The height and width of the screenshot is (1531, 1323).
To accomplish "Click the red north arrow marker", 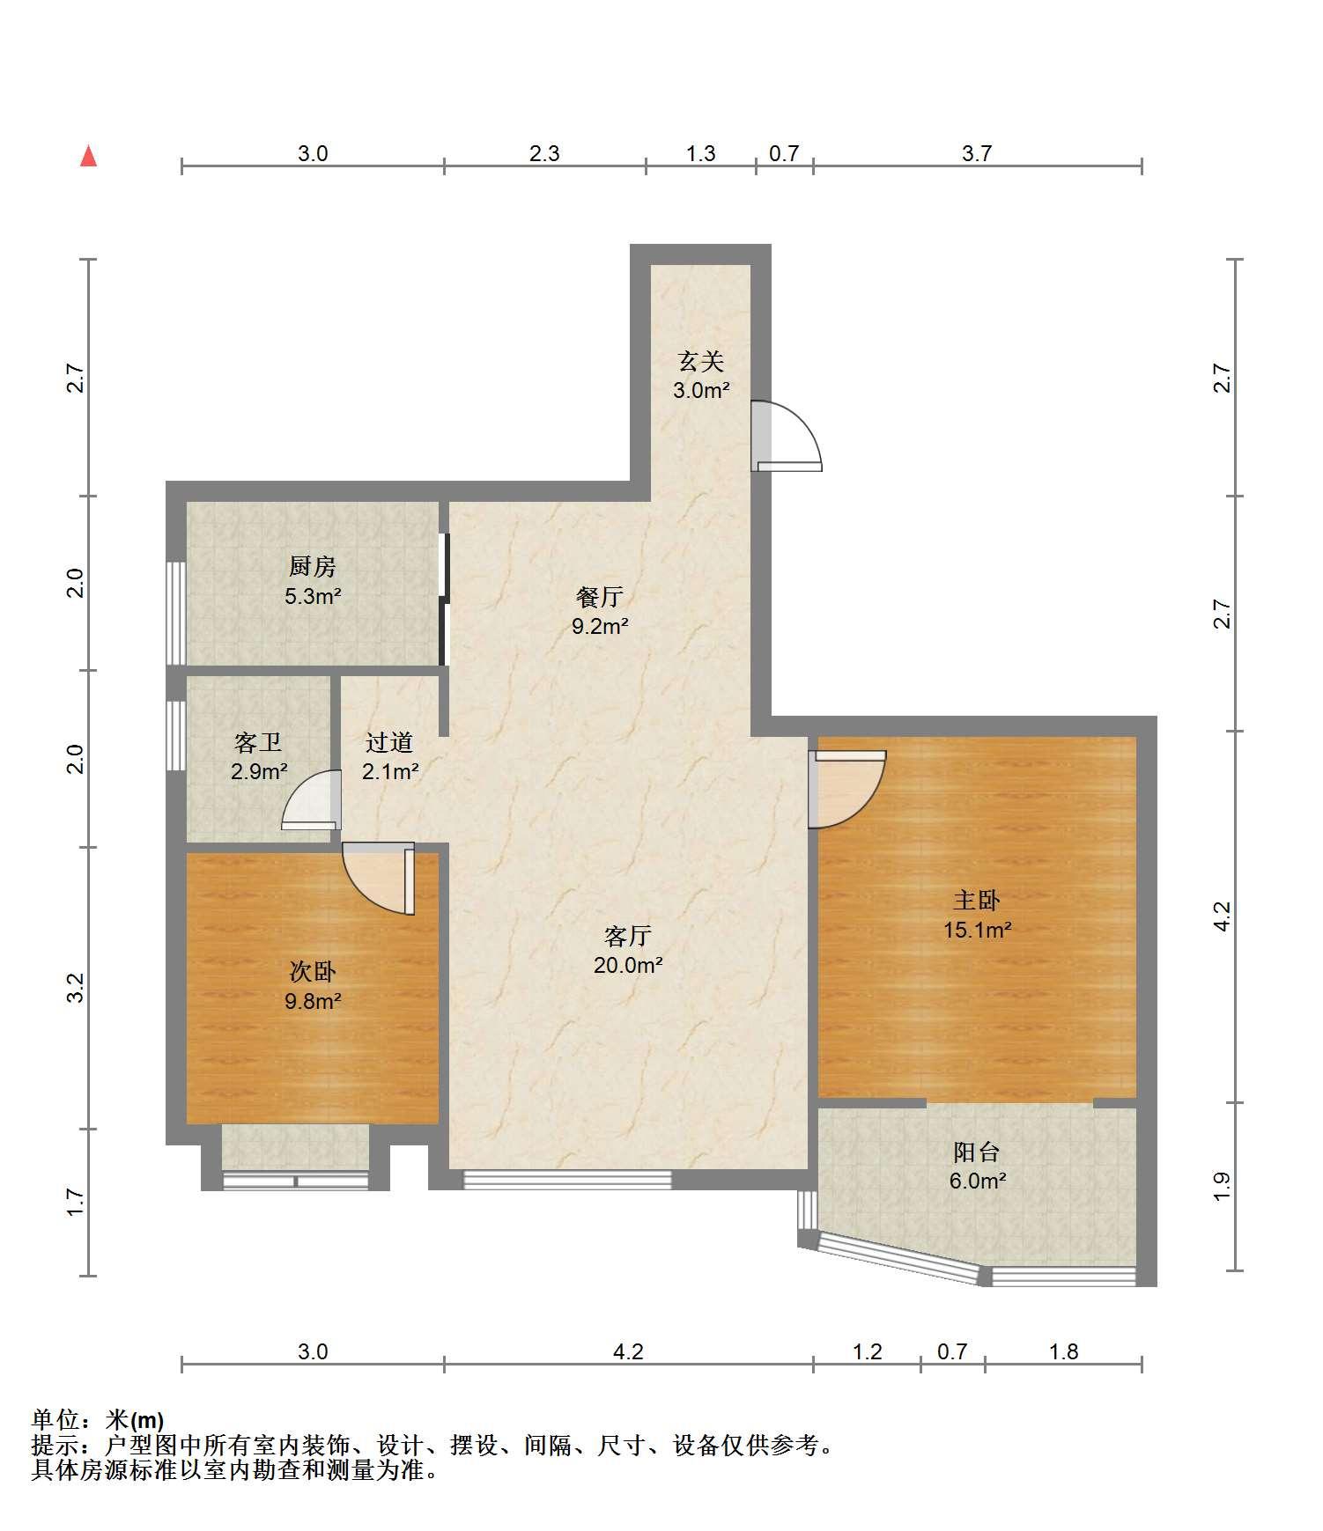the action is click(88, 156).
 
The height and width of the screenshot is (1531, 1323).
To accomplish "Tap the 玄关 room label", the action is click(701, 361).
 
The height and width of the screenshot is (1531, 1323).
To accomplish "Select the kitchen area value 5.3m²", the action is click(313, 596).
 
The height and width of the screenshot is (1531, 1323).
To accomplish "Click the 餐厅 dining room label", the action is click(600, 597).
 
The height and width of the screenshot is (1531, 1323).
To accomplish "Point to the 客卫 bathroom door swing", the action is click(311, 800).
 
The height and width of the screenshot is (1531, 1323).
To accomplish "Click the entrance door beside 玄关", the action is click(786, 437).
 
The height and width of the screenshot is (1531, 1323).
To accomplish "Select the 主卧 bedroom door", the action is click(846, 789).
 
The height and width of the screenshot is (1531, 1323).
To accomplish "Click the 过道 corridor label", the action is click(389, 742).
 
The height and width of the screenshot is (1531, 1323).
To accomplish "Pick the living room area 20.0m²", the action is click(628, 965).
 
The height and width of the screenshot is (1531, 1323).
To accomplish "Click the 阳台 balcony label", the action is click(977, 1152).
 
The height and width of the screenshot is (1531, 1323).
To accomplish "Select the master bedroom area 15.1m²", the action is click(977, 929).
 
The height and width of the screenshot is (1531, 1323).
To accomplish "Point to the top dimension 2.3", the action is click(544, 153).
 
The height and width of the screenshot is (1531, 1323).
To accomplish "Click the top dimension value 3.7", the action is click(977, 153).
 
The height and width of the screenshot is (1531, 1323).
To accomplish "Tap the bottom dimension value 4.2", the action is click(628, 1351).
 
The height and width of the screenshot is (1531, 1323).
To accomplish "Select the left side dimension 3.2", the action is click(78, 988).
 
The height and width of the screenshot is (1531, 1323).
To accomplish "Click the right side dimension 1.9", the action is click(1221, 1186).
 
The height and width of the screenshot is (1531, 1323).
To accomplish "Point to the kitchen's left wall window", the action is click(176, 613).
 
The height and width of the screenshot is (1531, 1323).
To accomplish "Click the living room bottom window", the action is click(567, 1180).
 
